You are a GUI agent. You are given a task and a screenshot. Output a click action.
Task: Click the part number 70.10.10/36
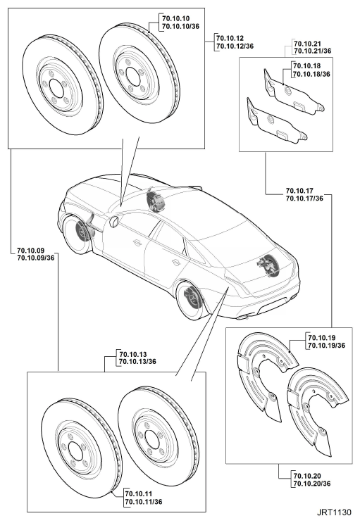click(180, 26)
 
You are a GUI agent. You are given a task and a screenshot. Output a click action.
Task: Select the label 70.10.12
click(230, 38)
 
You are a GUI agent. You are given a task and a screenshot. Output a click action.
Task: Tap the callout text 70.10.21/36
click(313, 51)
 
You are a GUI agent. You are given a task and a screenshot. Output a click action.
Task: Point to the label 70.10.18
click(306, 66)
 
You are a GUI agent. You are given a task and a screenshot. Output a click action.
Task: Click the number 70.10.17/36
click(304, 199)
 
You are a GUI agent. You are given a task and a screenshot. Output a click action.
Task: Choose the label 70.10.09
click(31, 250)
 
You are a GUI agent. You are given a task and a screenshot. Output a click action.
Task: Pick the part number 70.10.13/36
click(137, 362)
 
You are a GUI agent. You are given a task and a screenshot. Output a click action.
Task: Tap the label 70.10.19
click(322, 338)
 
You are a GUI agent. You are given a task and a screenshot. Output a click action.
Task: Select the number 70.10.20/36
click(313, 484)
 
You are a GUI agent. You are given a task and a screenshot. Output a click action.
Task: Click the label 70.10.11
click(139, 493)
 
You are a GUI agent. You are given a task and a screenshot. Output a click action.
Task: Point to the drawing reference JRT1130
click(334, 512)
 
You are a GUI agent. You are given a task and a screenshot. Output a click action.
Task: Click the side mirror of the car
click(114, 222)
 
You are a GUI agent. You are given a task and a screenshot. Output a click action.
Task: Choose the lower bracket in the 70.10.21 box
click(275, 121)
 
